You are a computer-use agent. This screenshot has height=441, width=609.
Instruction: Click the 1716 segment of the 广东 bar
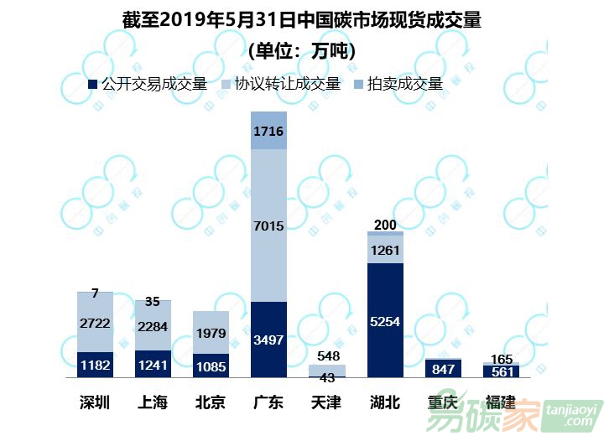point(268,131)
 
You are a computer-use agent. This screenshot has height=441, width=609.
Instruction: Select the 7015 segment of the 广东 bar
point(268,226)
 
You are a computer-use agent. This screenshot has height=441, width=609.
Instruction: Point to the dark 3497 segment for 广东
point(268,339)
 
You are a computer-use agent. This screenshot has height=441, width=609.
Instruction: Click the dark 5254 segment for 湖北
point(385,319)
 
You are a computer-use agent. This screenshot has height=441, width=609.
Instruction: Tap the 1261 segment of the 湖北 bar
point(385,249)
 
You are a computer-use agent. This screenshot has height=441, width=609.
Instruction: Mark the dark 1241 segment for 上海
point(153,364)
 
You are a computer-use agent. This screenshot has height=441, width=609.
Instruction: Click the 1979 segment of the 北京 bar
point(211,333)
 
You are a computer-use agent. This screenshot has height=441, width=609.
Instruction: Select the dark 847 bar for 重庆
point(443,368)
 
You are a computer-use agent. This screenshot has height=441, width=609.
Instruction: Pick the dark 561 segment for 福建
point(501,371)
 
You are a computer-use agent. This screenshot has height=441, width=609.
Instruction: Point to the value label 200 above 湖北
point(385,225)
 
